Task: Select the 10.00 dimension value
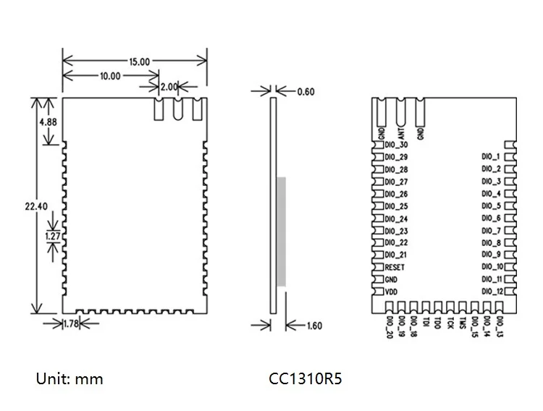[111, 76]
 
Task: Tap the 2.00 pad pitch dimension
[169, 87]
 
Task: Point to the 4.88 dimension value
[49, 122]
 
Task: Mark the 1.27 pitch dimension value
[51, 235]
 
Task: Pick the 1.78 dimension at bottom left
[71, 323]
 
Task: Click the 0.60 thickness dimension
[306, 91]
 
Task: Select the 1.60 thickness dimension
[314, 326]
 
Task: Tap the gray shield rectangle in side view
[281, 231]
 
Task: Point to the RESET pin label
[395, 267]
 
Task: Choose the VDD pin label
[391, 292]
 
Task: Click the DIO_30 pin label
[397, 144]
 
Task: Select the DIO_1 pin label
[491, 156]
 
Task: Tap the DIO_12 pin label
[492, 291]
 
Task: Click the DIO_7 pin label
[491, 230]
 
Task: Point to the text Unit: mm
[70, 379]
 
